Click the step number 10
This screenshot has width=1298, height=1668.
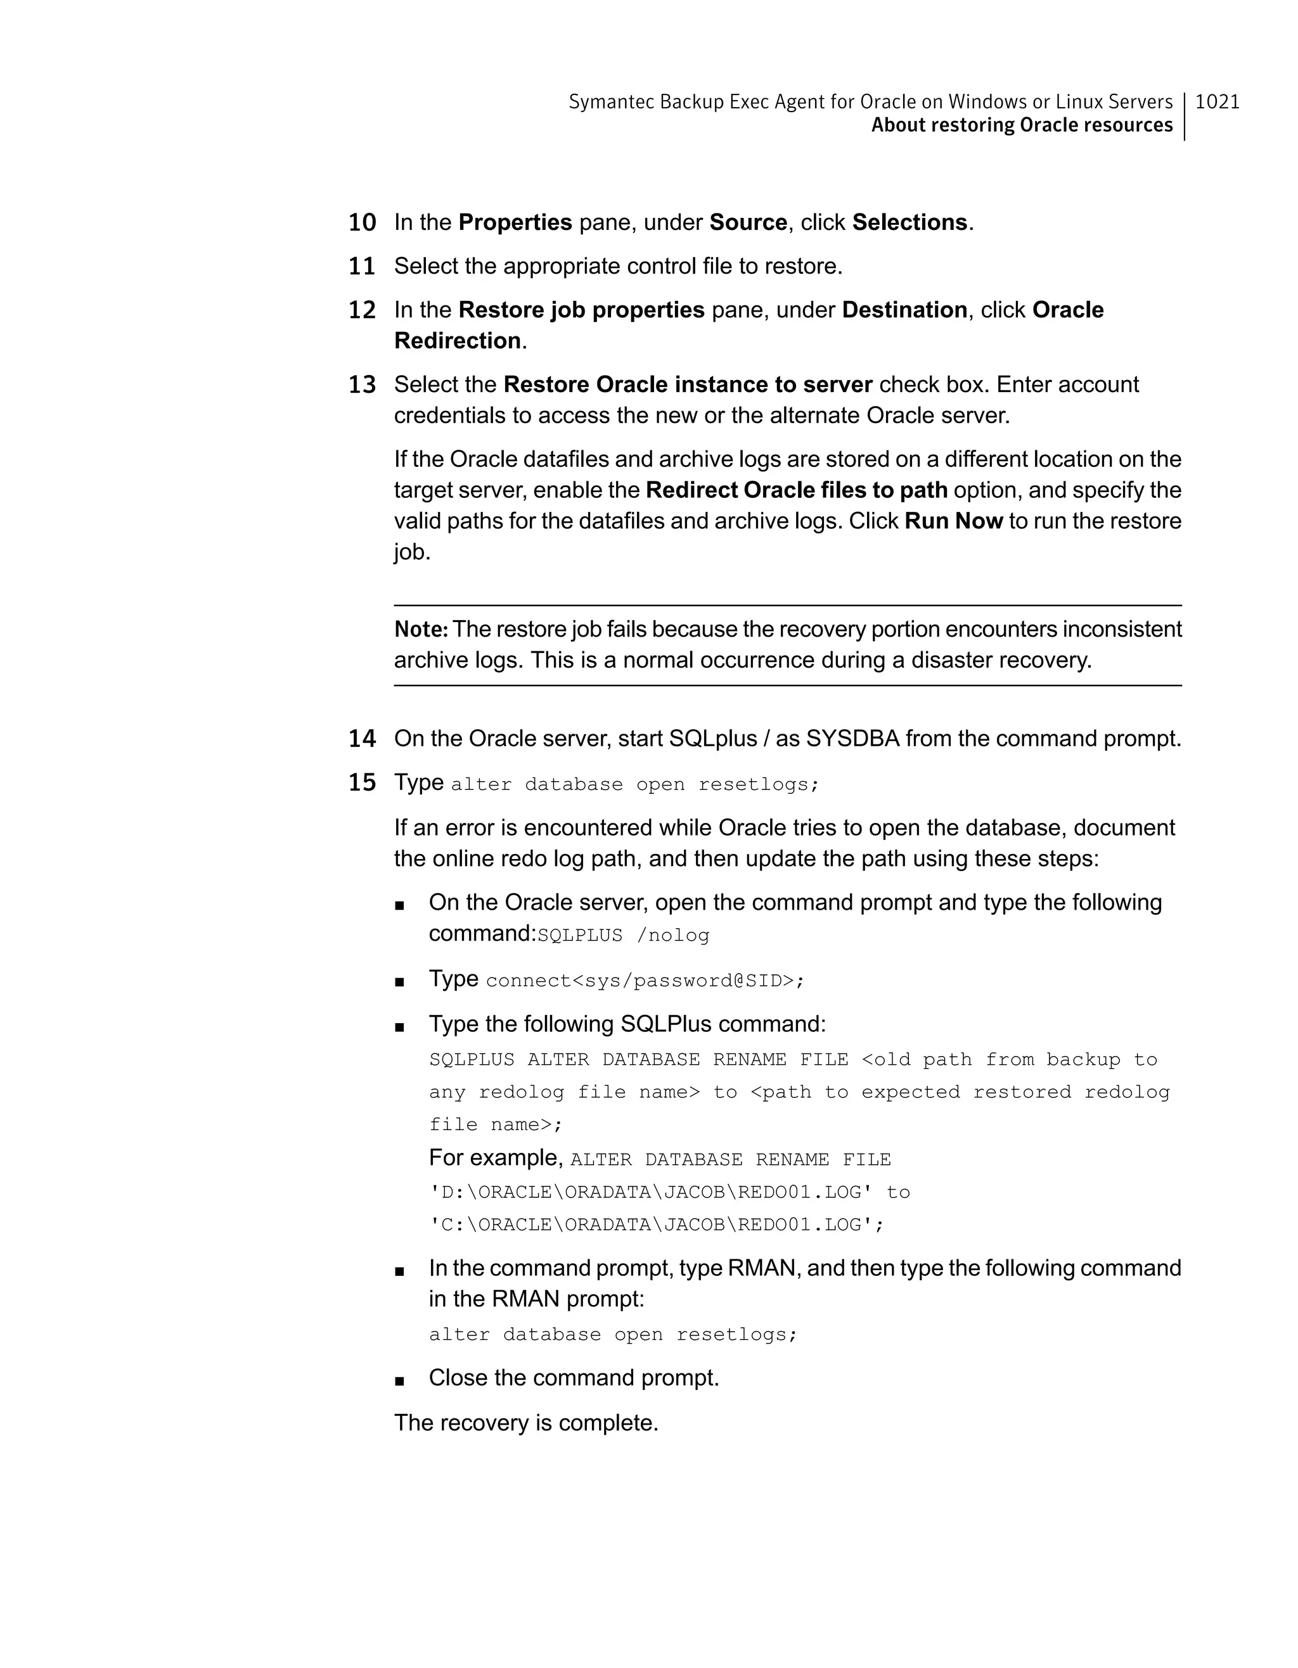click(362, 222)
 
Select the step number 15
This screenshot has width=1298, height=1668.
click(362, 782)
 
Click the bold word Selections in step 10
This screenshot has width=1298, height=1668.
click(909, 222)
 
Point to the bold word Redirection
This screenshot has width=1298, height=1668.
click(457, 341)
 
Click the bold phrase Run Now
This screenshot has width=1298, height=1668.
click(953, 521)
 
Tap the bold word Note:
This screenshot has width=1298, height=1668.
click(421, 629)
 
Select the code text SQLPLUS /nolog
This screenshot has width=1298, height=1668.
click(624, 936)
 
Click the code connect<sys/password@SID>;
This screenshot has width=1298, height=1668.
click(645, 981)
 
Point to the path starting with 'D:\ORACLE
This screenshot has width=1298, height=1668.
click(650, 1192)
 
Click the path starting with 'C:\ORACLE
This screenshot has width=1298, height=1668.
click(656, 1225)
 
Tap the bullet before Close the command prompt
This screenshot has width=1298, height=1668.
click(399, 1380)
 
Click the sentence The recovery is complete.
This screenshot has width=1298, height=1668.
click(525, 1423)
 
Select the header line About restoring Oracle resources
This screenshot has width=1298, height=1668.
click(1022, 125)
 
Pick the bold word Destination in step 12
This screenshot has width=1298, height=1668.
click(904, 310)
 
